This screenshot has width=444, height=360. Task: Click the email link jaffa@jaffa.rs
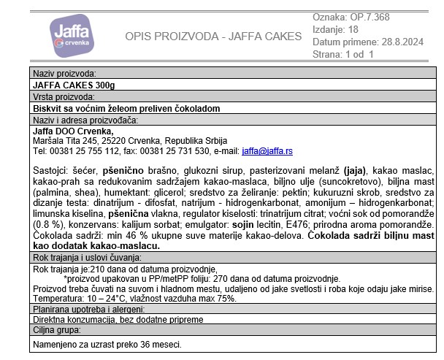267,151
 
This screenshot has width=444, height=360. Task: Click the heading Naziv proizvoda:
65,74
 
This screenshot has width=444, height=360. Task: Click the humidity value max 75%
217,299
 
